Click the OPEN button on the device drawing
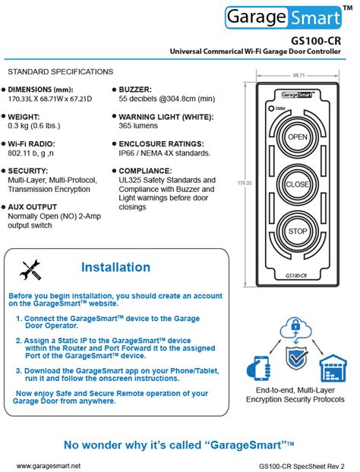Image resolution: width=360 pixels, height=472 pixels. (x=298, y=137)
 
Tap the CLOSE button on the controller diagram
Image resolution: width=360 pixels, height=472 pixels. (x=298, y=184)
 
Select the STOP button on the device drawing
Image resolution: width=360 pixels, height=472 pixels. (x=298, y=231)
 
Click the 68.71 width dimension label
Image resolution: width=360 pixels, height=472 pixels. (x=298, y=76)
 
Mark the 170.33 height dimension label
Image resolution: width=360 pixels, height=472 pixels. (x=244, y=184)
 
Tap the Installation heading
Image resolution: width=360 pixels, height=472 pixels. (x=115, y=267)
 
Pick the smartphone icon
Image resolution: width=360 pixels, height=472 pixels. (x=258, y=368)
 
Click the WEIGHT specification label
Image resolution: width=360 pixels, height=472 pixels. (x=27, y=117)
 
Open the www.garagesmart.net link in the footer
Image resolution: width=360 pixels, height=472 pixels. (x=48, y=465)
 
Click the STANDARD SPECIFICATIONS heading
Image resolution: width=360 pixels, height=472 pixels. (x=60, y=71)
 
